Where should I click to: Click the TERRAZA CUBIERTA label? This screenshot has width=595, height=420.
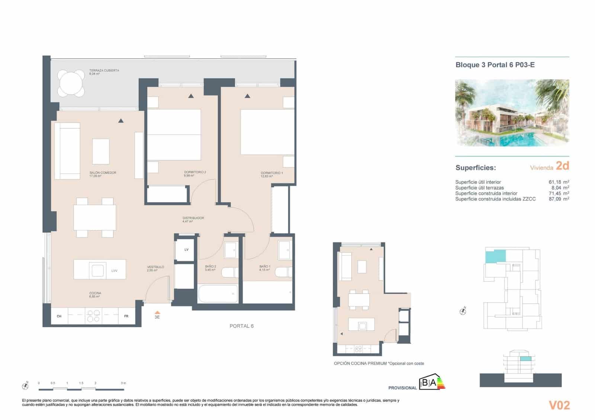pos(104,71)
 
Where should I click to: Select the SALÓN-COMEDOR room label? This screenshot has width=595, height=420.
pos(103,173)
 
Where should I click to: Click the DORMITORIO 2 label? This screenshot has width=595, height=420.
pos(194,172)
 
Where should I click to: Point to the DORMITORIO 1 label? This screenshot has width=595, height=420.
pos(271,173)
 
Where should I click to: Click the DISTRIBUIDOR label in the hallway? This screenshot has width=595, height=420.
pos(193,218)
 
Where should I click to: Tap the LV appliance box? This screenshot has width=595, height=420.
pos(186,250)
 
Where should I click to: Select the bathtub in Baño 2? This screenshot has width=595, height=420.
pos(218,294)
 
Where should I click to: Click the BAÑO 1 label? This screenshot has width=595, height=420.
pos(265,266)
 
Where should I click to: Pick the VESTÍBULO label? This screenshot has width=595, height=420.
pos(155,267)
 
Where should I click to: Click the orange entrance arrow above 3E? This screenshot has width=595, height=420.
pos(157,313)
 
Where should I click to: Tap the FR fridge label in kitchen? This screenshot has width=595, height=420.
pos(126,316)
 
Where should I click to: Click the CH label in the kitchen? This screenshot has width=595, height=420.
pos(59,316)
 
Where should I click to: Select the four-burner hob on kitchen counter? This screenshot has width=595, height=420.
pos(93,316)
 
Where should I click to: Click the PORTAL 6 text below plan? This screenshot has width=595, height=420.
pos(241,326)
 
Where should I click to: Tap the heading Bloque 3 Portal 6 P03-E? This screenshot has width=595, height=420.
pos(495,65)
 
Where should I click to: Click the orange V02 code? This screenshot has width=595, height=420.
pos(559,405)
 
